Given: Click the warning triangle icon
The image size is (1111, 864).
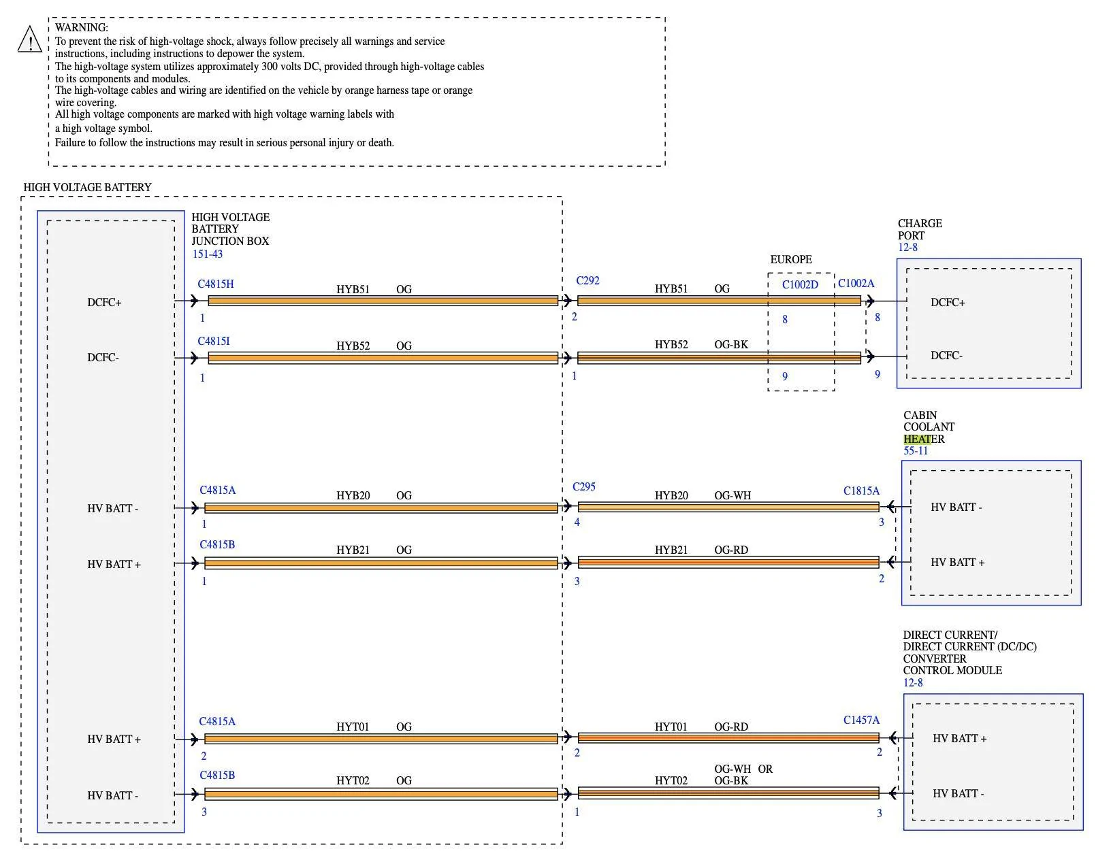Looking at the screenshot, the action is coord(30,39).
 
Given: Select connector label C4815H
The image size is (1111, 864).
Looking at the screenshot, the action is coord(216,284).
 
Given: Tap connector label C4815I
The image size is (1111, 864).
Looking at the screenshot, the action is coord(214,342).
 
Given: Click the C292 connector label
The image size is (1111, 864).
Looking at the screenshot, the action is coord(587,280).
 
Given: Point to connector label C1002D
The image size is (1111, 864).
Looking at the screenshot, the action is coord(800,284).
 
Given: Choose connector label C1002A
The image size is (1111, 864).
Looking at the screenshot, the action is coord(856,284).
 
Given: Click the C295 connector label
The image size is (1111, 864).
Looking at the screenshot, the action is coord(584,487).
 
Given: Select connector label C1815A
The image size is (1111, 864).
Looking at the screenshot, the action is coord(861,491).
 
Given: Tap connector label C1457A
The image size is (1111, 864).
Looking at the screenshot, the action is coord(861,720).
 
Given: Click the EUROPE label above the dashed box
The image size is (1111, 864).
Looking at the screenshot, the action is coord(791,260).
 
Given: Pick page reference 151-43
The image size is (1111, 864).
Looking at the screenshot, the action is coord(208,254).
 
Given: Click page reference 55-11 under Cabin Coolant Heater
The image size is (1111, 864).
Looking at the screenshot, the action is coord(915,450).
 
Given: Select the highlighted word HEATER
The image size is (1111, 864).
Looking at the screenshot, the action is coord(924,439).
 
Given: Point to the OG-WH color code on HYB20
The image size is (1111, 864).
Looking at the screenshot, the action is coord(732,496).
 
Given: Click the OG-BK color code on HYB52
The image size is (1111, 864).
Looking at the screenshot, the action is coord(731,345).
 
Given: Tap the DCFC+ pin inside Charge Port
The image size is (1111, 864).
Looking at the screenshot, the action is coord(948,303).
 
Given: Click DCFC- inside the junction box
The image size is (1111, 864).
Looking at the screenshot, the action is coord(103,358).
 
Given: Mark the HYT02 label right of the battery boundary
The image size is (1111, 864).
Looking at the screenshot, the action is coord(671,781).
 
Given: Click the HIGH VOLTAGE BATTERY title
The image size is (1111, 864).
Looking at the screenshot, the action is coord(87,188).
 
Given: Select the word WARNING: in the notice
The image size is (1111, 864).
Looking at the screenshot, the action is coord(81,28).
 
